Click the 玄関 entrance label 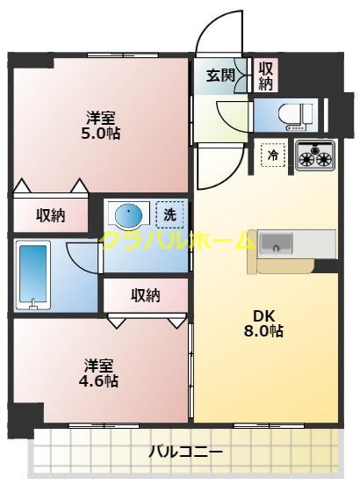(x=220, y=76)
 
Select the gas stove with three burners (x=315, y=156)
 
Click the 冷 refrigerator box (x=274, y=156)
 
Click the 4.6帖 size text (x=101, y=380)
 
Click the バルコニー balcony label (x=184, y=452)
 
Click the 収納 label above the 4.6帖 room (x=145, y=295)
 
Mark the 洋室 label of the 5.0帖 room (x=102, y=117)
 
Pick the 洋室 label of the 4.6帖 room (x=101, y=364)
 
